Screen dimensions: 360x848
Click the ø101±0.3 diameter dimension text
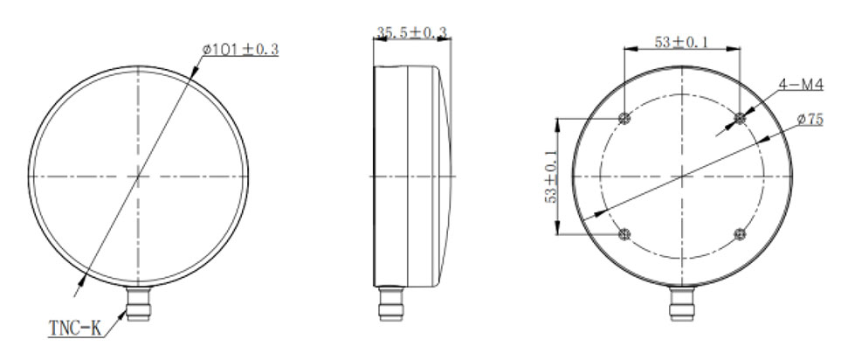click(240, 50)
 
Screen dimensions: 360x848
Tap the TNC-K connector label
click(75, 329)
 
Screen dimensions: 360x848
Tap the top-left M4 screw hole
click(624, 119)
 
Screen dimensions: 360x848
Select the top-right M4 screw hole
click(740, 118)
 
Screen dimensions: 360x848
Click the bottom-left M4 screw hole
click(624, 234)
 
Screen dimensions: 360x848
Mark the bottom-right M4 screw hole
click(740, 234)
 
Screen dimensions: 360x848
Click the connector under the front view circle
click(138, 306)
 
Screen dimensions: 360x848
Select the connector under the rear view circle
click(681, 306)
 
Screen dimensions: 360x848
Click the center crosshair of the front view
click(138, 177)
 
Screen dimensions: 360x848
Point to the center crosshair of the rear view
click(681, 177)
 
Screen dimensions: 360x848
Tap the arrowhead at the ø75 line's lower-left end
click(597, 213)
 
